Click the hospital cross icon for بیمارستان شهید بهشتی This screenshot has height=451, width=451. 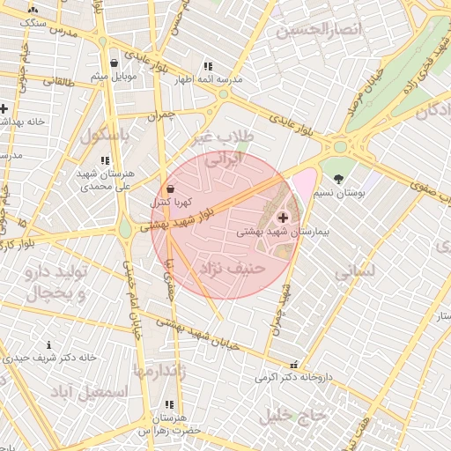click(282, 217)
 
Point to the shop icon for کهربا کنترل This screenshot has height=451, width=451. click(169, 189)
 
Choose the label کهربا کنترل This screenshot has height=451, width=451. click(170, 203)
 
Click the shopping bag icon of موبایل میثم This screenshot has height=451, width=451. click(115, 63)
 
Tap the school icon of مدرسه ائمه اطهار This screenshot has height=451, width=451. click(208, 66)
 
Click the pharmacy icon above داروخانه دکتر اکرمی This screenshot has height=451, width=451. click(293, 364)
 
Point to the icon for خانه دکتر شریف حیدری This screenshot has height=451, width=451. click(48, 344)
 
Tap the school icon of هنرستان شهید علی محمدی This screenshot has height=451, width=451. click(105, 161)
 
